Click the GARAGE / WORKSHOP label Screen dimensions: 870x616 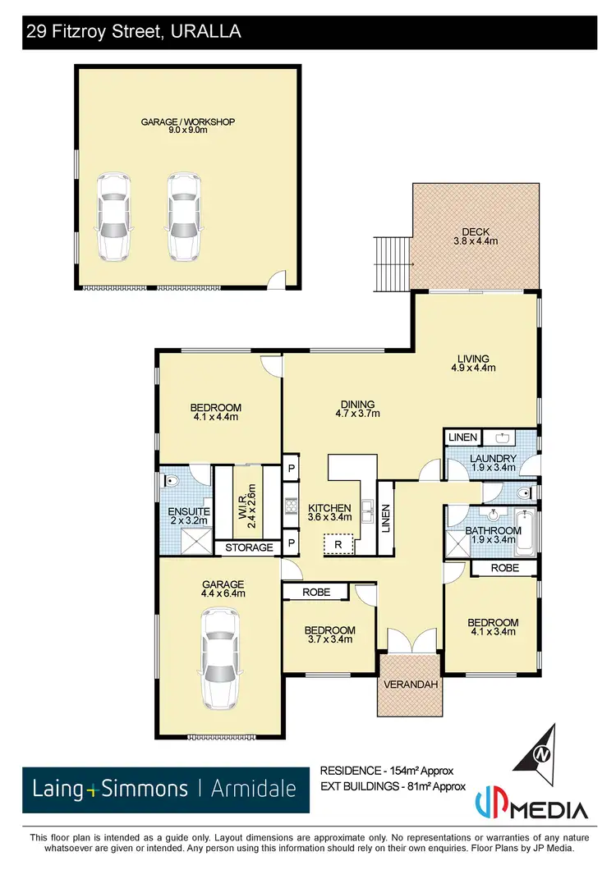coord(188,122)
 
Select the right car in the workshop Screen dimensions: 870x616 coord(183,216)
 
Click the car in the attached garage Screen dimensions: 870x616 coord(218,657)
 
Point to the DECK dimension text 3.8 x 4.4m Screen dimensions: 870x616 coord(476,241)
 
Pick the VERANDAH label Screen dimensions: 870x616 coord(408,684)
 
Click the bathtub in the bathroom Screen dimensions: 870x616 coord(525,531)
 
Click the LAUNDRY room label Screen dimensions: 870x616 coord(493,458)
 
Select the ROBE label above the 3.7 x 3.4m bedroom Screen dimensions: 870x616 coord(316,591)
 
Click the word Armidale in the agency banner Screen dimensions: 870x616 coord(253,790)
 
